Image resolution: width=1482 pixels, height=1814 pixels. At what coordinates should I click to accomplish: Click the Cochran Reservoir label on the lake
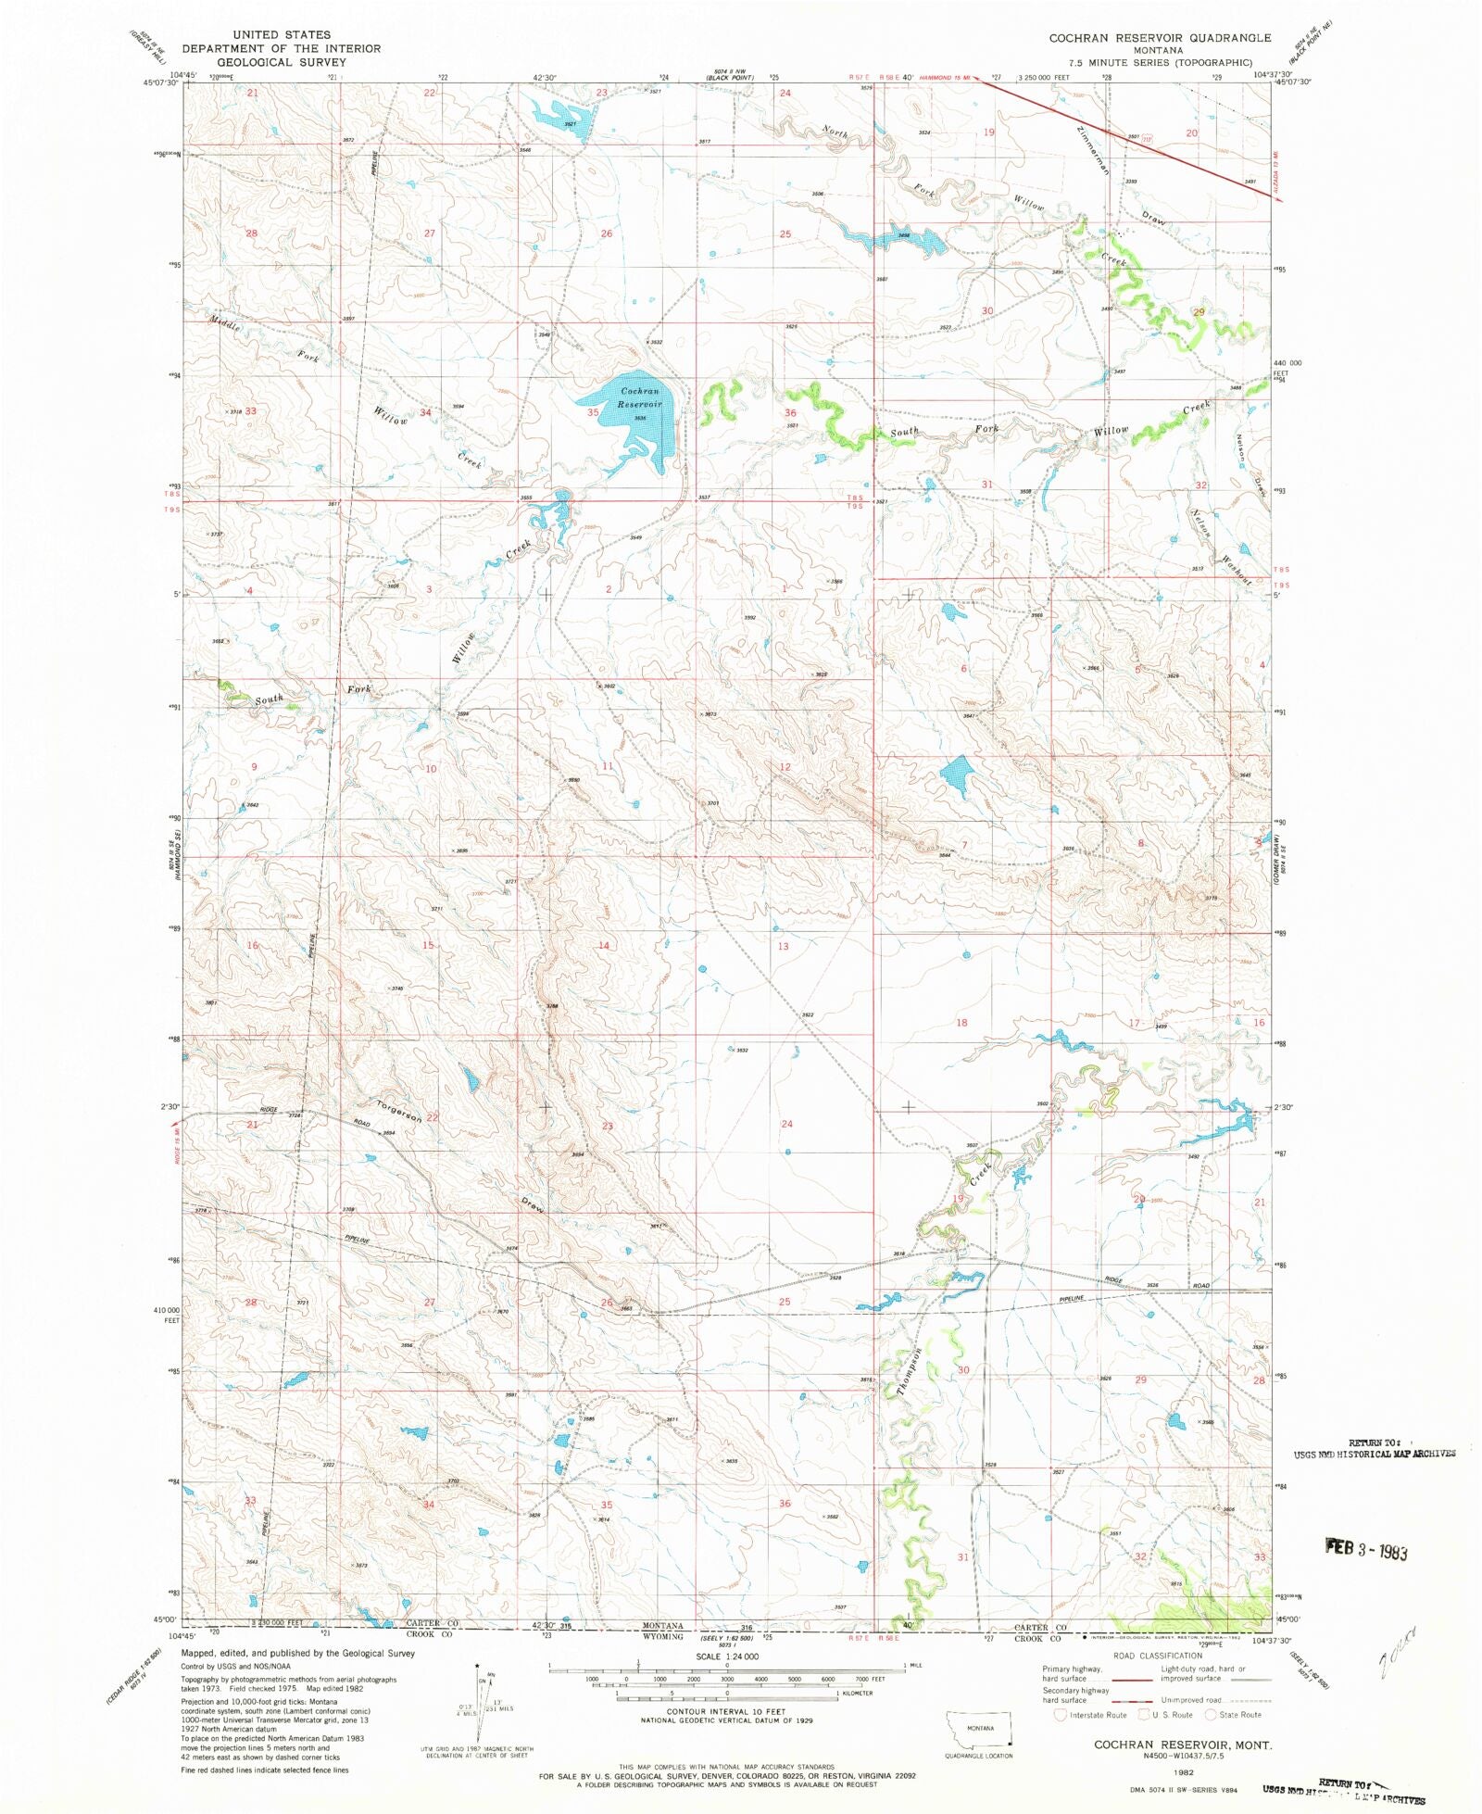(640, 397)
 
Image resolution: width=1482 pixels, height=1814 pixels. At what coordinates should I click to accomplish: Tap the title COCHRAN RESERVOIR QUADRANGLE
(1159, 37)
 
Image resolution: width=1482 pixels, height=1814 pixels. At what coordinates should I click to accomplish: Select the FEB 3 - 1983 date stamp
(1366, 1548)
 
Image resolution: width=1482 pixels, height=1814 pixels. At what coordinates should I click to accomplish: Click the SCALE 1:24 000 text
(727, 1656)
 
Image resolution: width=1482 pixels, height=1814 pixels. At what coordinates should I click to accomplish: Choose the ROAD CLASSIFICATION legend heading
(1157, 1655)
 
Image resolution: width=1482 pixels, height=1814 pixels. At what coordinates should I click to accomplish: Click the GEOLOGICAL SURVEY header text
(281, 62)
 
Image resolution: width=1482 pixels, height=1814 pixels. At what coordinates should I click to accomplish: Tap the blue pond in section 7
(958, 775)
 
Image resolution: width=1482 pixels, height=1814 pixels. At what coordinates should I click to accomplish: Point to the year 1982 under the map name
(1183, 1770)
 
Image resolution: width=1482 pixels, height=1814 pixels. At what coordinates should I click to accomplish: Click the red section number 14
(604, 945)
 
